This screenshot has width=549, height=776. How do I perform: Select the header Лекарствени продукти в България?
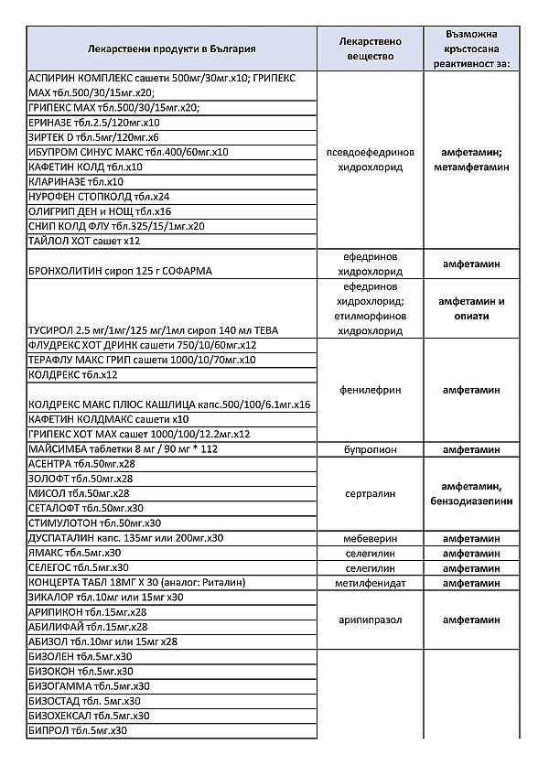pos(172,48)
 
